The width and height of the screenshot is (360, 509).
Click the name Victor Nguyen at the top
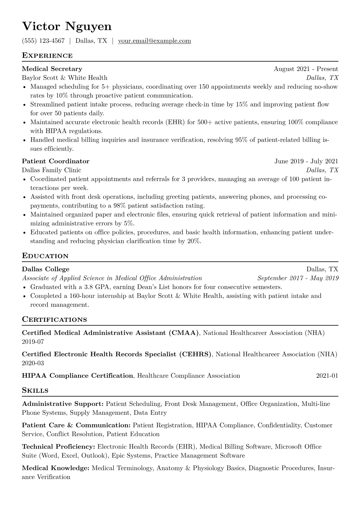coord(67,27)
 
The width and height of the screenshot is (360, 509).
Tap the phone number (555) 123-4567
coord(43,41)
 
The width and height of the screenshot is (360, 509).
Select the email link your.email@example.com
coord(154,41)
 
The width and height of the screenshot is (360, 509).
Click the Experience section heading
coord(47,56)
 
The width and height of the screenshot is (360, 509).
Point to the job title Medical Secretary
coord(52,69)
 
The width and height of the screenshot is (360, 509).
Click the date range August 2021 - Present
coord(306,69)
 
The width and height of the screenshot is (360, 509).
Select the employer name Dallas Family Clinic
coord(51,170)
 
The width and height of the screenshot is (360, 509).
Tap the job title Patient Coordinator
coord(56,161)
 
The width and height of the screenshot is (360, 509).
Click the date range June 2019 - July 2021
coord(306,161)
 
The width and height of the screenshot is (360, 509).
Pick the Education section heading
coord(45,256)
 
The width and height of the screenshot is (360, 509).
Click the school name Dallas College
coord(46,269)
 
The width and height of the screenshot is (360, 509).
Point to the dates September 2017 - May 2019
coord(298,278)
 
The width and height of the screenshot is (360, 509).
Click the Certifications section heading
coord(54,320)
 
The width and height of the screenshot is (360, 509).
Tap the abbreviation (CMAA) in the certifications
coord(184,333)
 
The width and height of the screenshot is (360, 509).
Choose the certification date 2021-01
coord(327,376)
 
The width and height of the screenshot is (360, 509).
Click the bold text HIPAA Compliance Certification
coord(77,376)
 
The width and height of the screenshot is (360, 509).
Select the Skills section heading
coord(35,390)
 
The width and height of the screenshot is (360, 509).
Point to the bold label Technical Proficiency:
coord(59,447)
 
